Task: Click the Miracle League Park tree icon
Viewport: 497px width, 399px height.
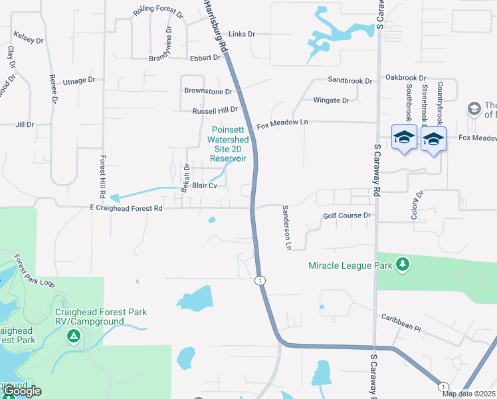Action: click(x=402, y=265)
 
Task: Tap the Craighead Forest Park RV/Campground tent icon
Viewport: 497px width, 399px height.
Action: click(x=74, y=337)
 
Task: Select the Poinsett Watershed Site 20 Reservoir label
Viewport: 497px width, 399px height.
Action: click(x=228, y=144)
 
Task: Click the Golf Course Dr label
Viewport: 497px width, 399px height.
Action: click(x=347, y=215)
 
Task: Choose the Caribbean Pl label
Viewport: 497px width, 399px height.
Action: click(x=400, y=328)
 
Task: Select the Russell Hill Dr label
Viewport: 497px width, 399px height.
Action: click(x=215, y=110)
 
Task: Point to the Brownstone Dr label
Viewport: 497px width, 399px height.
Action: click(x=208, y=91)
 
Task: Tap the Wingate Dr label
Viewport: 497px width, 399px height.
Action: click(x=331, y=100)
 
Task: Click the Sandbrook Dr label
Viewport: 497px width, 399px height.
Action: click(x=350, y=80)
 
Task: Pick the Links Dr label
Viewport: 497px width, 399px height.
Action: click(x=242, y=34)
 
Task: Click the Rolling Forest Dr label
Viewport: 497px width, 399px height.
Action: click(x=157, y=11)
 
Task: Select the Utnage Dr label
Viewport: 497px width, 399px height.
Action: click(x=79, y=80)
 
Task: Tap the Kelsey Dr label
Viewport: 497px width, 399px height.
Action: click(x=28, y=37)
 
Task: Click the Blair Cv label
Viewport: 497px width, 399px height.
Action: click(x=205, y=186)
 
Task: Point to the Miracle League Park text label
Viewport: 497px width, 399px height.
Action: click(x=349, y=265)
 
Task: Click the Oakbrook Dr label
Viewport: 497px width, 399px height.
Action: click(x=405, y=78)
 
